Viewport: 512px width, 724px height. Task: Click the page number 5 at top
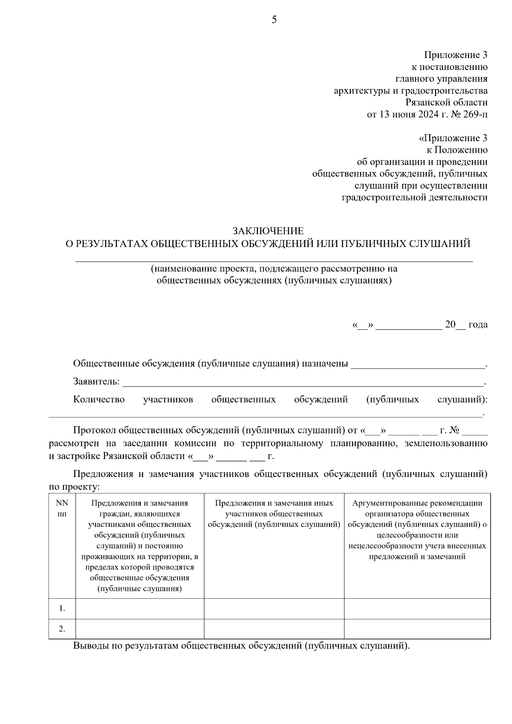[x=274, y=20]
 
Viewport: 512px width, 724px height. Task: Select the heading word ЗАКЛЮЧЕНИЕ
[x=268, y=231]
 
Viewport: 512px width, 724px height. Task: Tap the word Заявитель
[x=96, y=381]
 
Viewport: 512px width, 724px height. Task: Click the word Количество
[x=99, y=399]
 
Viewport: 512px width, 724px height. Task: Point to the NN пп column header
[x=62, y=509]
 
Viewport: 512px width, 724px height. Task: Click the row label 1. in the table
[x=62, y=608]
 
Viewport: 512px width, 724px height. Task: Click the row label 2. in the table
[x=62, y=629]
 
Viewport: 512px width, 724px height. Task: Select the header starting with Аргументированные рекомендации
[x=417, y=529]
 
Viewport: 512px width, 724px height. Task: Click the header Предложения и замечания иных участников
[x=274, y=514]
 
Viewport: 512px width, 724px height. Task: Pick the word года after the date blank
[x=477, y=325]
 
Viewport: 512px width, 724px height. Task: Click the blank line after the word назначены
[x=417, y=365]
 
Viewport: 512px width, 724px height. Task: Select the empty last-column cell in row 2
[x=417, y=629]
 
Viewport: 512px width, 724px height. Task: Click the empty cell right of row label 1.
[x=140, y=608]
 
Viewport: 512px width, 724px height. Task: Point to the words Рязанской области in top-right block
[x=446, y=102]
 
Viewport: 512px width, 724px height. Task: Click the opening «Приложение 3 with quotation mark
[x=453, y=138]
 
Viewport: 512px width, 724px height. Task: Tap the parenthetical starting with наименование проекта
[x=274, y=274]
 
